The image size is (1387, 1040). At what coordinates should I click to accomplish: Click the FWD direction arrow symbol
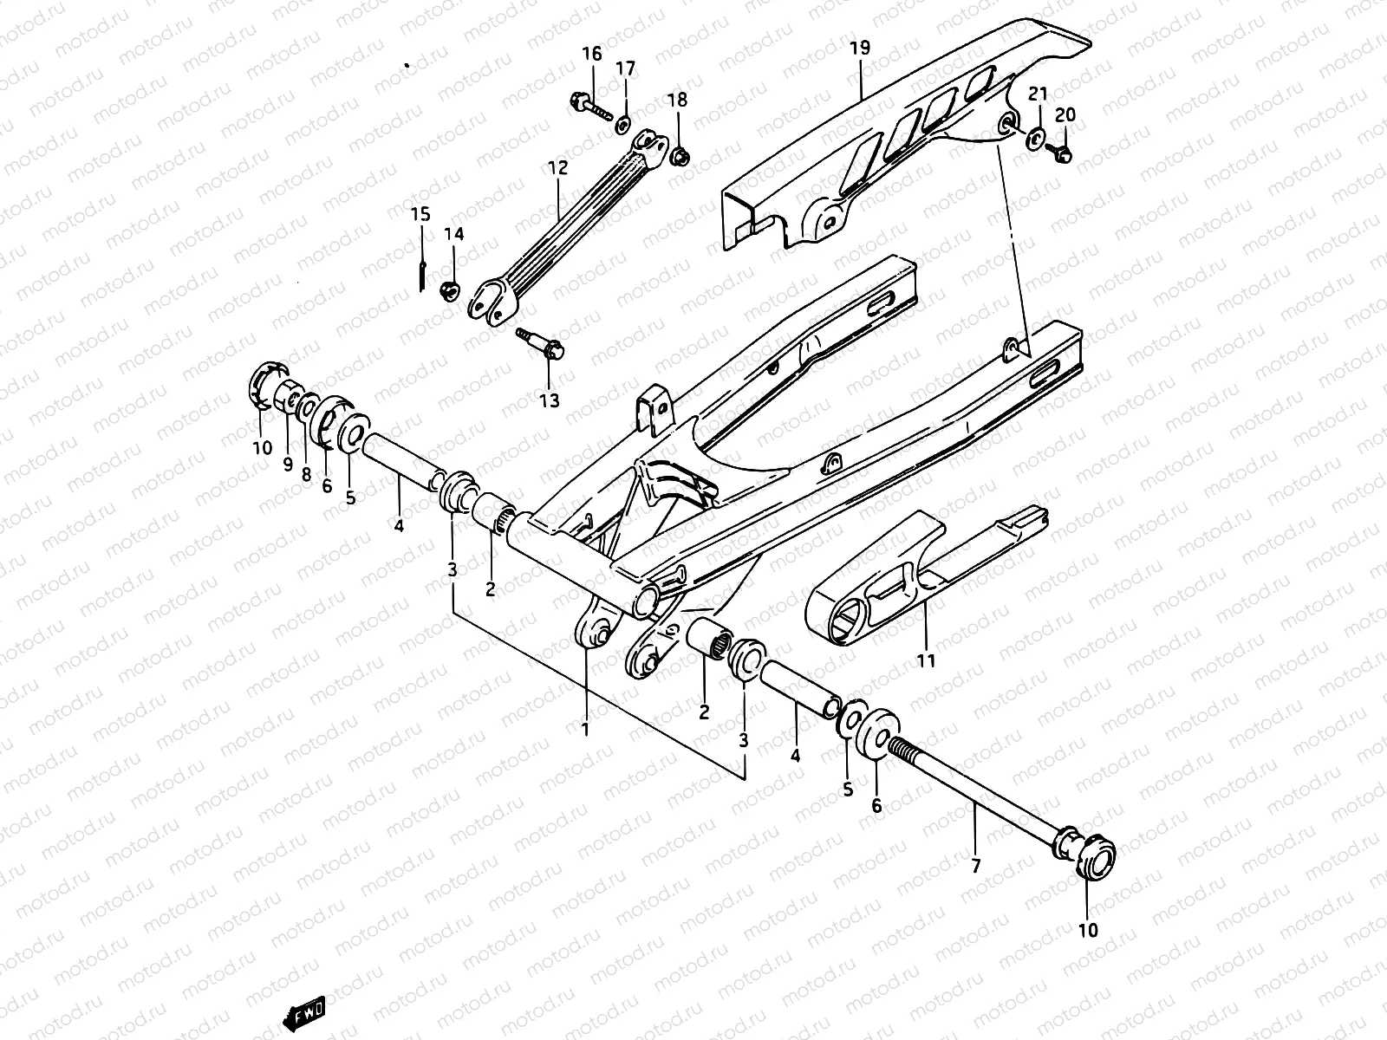(304, 1011)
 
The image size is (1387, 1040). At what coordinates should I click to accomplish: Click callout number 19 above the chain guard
(859, 48)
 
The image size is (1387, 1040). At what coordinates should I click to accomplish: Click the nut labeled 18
(680, 158)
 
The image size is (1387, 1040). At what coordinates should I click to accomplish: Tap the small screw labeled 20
(1063, 154)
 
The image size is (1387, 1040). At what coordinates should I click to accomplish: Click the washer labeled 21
(1035, 137)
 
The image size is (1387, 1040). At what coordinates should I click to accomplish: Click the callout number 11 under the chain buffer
(926, 661)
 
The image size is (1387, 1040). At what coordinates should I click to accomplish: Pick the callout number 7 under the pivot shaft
(975, 864)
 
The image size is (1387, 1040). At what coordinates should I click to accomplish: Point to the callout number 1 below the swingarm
(585, 729)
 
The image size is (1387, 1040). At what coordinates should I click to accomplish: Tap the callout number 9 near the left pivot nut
(287, 465)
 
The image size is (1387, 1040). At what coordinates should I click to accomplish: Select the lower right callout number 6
(876, 806)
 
